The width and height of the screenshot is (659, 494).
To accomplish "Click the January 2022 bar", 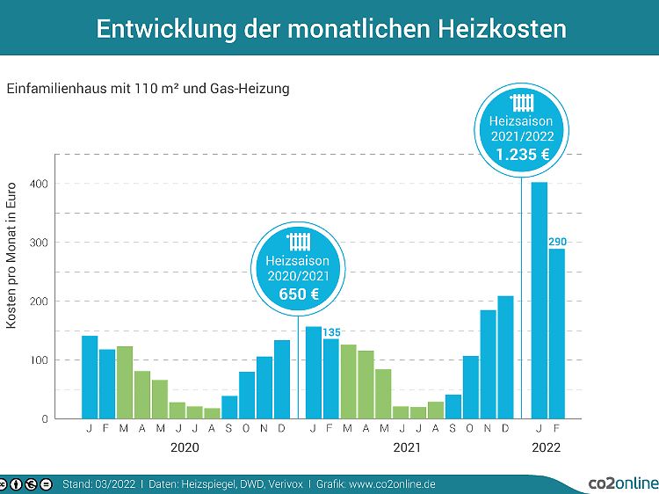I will coord(540,300).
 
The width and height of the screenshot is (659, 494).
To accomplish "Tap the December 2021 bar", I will coord(505,357).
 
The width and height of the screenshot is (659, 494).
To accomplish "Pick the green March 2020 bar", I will coord(125,382).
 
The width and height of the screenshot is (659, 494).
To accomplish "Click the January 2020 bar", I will coord(90,377).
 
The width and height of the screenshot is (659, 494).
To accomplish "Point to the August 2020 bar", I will coord(212,413).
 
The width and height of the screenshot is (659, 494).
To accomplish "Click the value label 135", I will coord(331,331).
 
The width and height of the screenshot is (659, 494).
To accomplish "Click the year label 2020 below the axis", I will coord(185,447).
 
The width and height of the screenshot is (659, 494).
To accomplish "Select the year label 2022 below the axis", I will coord(547,447).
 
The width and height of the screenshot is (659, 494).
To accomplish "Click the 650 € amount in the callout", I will coord(299,294).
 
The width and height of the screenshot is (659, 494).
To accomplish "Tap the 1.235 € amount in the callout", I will coord(523,154).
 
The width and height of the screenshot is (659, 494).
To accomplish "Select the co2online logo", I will coord(622,483).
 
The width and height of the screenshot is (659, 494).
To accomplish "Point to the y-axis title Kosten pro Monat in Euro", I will coord(12,255).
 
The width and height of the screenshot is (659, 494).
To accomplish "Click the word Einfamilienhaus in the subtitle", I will coord(51,89).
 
